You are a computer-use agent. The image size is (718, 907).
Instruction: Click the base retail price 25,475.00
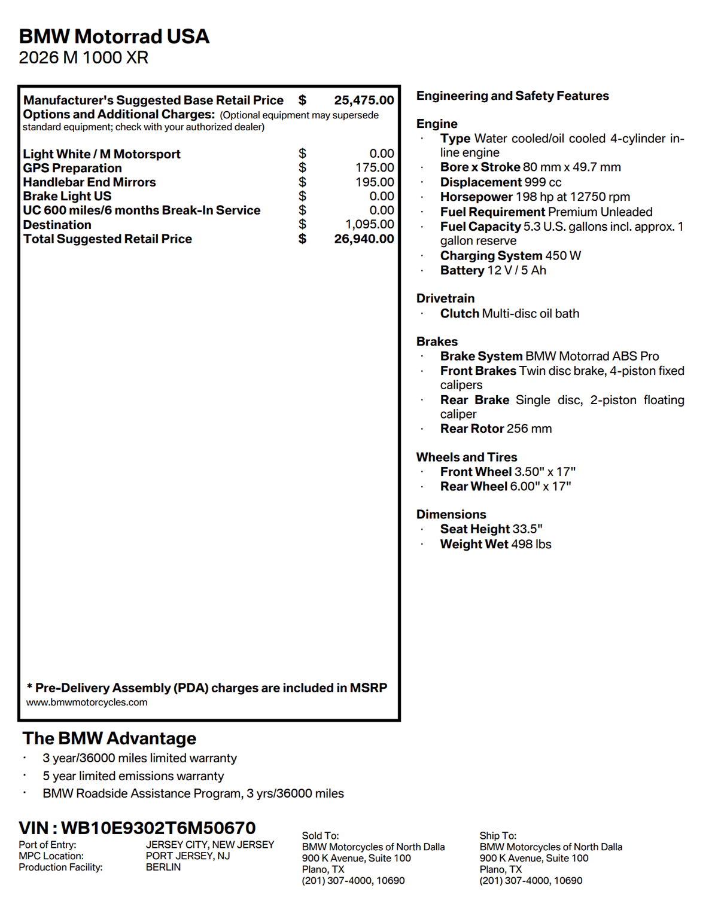[364, 100]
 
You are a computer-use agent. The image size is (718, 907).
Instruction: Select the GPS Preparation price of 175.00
[375, 168]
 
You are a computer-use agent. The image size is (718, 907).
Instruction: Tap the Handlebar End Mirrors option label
[89, 182]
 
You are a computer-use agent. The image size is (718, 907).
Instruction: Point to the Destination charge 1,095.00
[370, 224]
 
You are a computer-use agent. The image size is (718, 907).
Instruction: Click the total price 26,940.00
[364, 239]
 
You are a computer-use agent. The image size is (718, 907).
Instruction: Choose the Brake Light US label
[67, 196]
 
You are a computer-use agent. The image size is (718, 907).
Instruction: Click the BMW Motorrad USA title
[114, 36]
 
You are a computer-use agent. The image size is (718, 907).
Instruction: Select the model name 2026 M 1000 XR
[83, 58]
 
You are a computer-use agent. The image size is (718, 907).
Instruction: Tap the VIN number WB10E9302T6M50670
[158, 828]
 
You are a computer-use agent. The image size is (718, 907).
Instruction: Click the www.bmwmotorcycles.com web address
[87, 703]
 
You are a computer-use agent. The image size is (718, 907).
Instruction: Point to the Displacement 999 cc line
[501, 182]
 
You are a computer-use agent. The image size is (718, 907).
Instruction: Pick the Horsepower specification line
[535, 197]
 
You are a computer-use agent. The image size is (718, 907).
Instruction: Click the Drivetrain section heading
[445, 298]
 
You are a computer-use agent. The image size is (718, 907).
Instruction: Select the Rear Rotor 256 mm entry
[496, 429]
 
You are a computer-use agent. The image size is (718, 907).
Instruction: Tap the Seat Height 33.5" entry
[491, 529]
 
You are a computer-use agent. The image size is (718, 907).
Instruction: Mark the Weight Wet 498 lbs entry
[495, 544]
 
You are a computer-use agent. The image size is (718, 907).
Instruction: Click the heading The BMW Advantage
[109, 738]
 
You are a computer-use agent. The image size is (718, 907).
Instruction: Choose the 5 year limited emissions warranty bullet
[133, 776]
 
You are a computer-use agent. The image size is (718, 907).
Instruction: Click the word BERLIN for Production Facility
[163, 867]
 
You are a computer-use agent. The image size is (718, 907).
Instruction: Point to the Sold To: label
[320, 835]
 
